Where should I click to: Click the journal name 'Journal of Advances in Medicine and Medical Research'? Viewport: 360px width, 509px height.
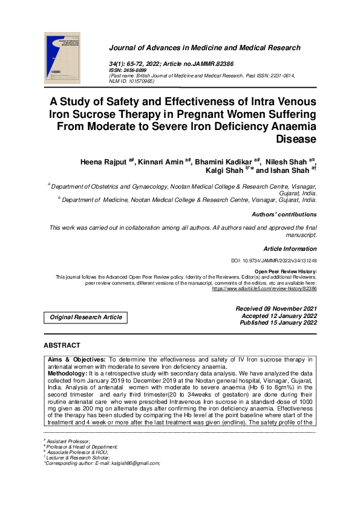point(205,48)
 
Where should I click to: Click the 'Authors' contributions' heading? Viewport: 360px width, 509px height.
point(284,215)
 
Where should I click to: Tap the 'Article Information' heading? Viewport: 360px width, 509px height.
point(290,249)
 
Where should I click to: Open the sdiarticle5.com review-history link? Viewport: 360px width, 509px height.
point(264,289)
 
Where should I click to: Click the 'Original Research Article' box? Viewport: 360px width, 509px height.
point(86,317)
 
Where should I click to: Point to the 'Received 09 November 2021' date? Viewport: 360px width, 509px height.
point(276,309)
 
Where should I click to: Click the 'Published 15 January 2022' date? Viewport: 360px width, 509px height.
point(278,323)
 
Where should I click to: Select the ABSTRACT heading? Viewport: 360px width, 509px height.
point(62,345)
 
